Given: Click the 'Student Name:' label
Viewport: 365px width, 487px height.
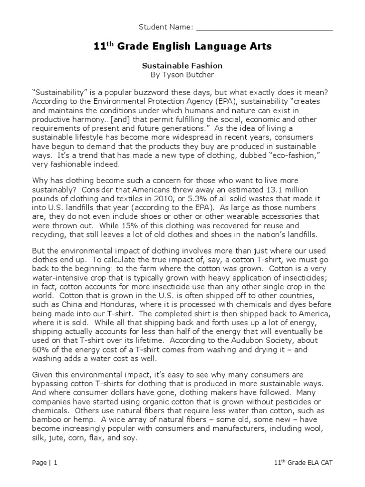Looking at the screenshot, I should coord(165,27).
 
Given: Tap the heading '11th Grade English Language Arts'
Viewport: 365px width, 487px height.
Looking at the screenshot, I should coord(182,47).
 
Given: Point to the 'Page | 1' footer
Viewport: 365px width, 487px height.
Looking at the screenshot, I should coord(44,462).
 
